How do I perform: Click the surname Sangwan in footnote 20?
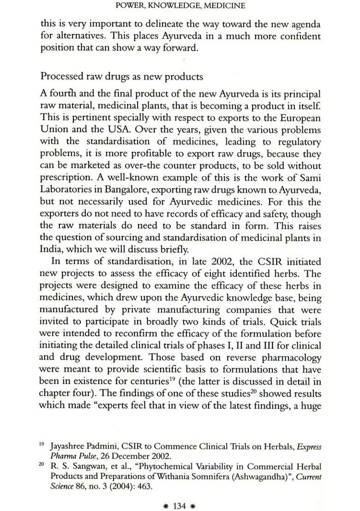pos(82,467)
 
